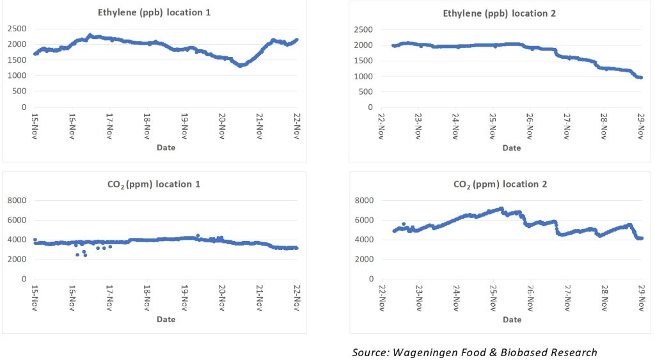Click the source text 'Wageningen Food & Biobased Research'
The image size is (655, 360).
pos(474,352)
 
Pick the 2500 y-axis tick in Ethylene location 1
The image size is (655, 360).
pos(17,29)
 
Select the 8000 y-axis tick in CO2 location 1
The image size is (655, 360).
pos(17,201)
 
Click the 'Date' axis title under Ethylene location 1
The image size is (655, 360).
pos(165,148)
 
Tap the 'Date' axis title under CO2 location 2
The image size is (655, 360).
pos(512,320)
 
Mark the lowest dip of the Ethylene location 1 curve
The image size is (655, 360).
pos(241,65)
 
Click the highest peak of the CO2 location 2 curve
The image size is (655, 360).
pos(501,208)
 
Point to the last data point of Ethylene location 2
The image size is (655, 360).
pos(640,77)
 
